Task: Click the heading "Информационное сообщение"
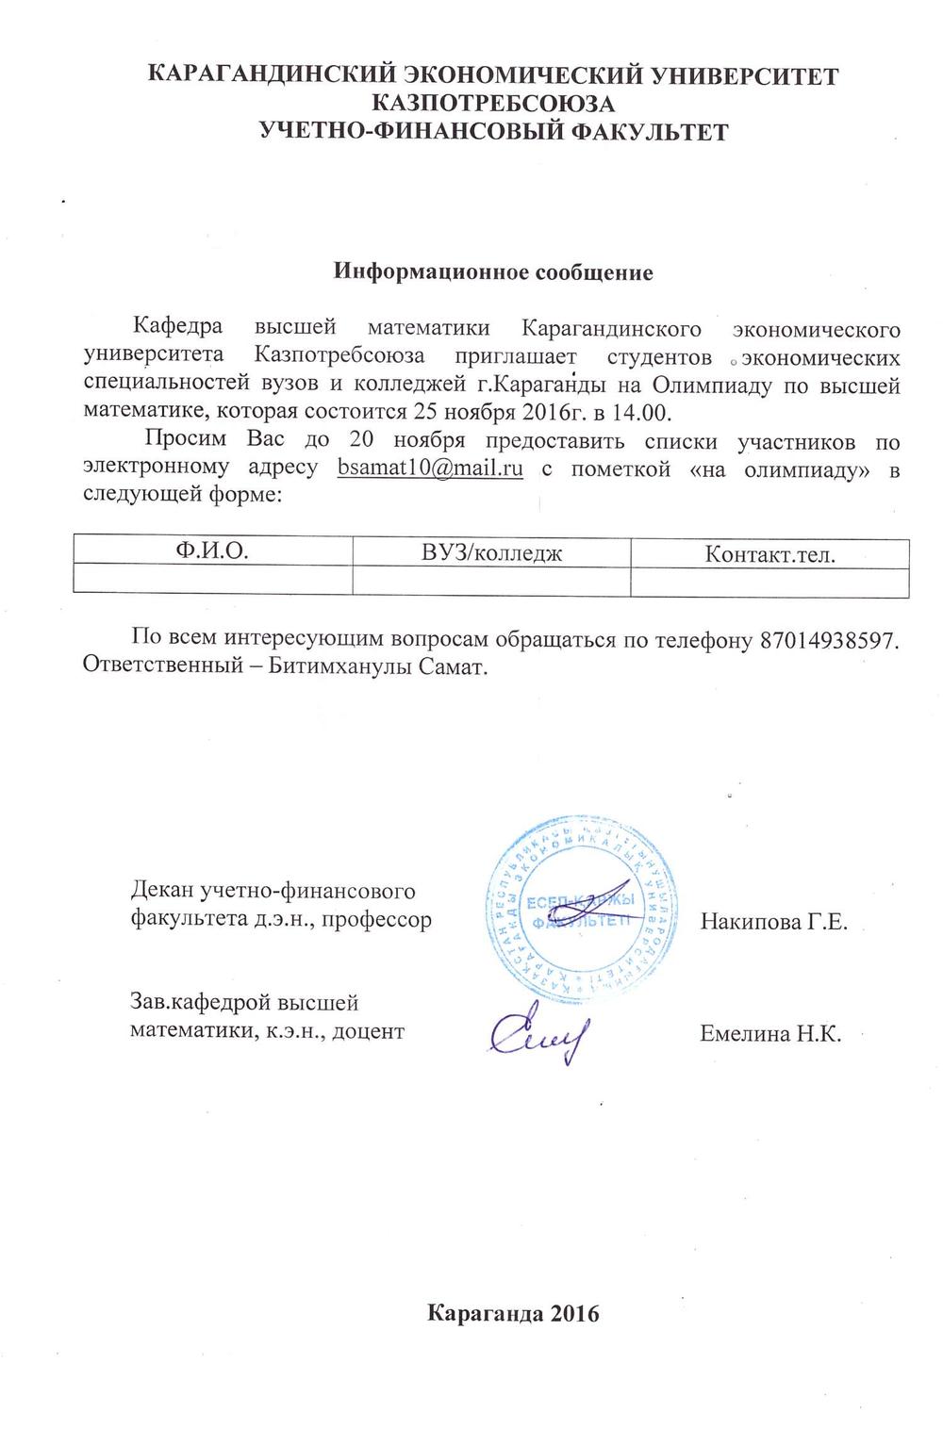[493, 273]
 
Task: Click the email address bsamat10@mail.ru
[430, 468]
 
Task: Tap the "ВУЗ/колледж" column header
[491, 552]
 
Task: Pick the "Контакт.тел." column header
[769, 553]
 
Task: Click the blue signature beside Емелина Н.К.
[538, 1034]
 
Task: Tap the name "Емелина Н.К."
[769, 1033]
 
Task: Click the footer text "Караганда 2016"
[514, 1314]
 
